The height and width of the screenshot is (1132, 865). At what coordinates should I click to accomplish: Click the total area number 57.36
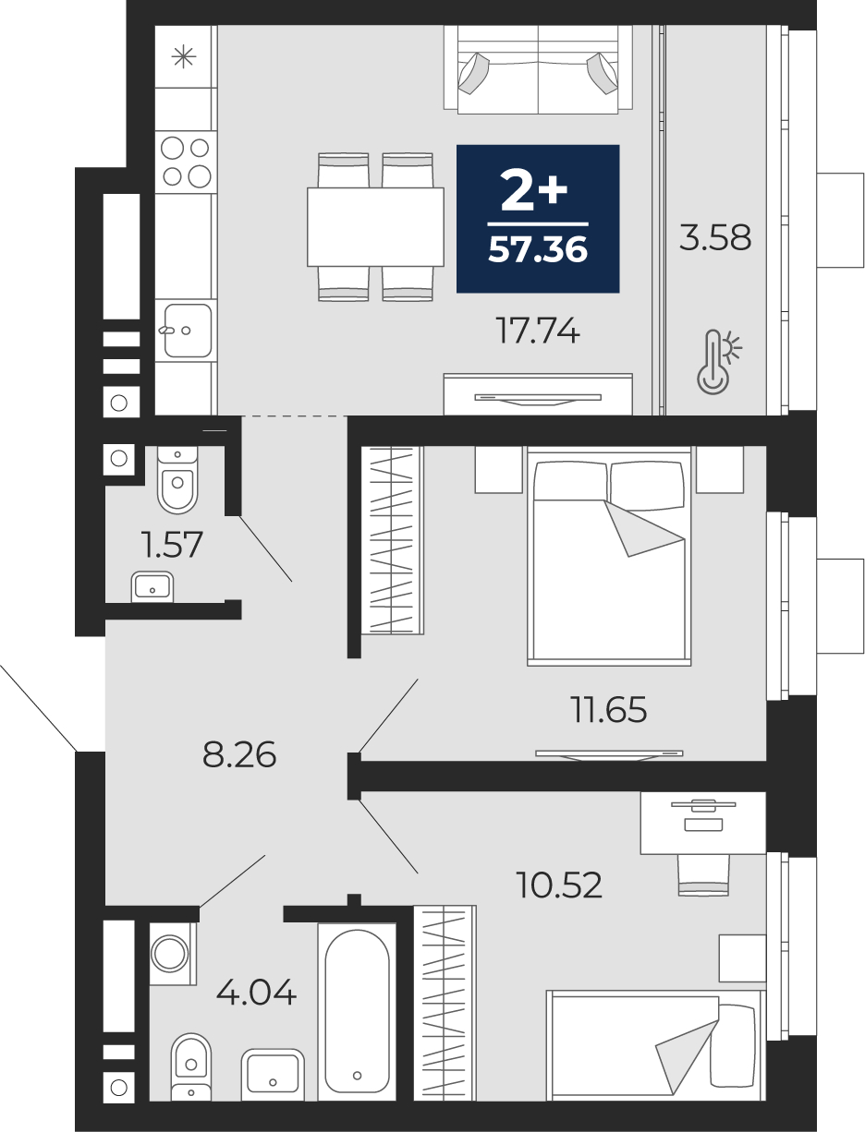538,249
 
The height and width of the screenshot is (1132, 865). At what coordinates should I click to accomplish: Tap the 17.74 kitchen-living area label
538,331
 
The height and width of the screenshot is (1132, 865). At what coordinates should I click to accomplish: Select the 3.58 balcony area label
714,237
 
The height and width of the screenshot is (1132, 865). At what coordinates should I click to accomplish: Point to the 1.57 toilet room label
173,545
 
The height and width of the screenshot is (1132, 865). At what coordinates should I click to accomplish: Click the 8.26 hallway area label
239,754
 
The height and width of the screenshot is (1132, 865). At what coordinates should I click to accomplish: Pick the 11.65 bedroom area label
608,709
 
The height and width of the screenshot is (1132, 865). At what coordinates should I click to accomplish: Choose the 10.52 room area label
559,885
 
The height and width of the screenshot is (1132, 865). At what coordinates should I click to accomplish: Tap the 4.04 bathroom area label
256,992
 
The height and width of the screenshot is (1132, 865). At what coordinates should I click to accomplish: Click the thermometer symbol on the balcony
717,363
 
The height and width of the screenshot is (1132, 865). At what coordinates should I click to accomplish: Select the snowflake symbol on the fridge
184,56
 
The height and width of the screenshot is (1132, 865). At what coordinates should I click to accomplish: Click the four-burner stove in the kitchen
186,162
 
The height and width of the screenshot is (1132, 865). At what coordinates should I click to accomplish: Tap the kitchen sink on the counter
188,331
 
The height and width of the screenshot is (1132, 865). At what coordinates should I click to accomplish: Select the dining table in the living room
375,227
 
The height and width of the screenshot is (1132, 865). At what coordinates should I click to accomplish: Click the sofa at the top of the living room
538,69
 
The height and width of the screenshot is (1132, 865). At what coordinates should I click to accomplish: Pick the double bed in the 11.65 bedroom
609,556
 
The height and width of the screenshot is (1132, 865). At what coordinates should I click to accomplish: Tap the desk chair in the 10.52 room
703,874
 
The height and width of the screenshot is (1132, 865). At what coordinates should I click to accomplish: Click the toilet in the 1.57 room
177,479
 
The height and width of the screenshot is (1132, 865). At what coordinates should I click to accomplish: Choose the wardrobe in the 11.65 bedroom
392,540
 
